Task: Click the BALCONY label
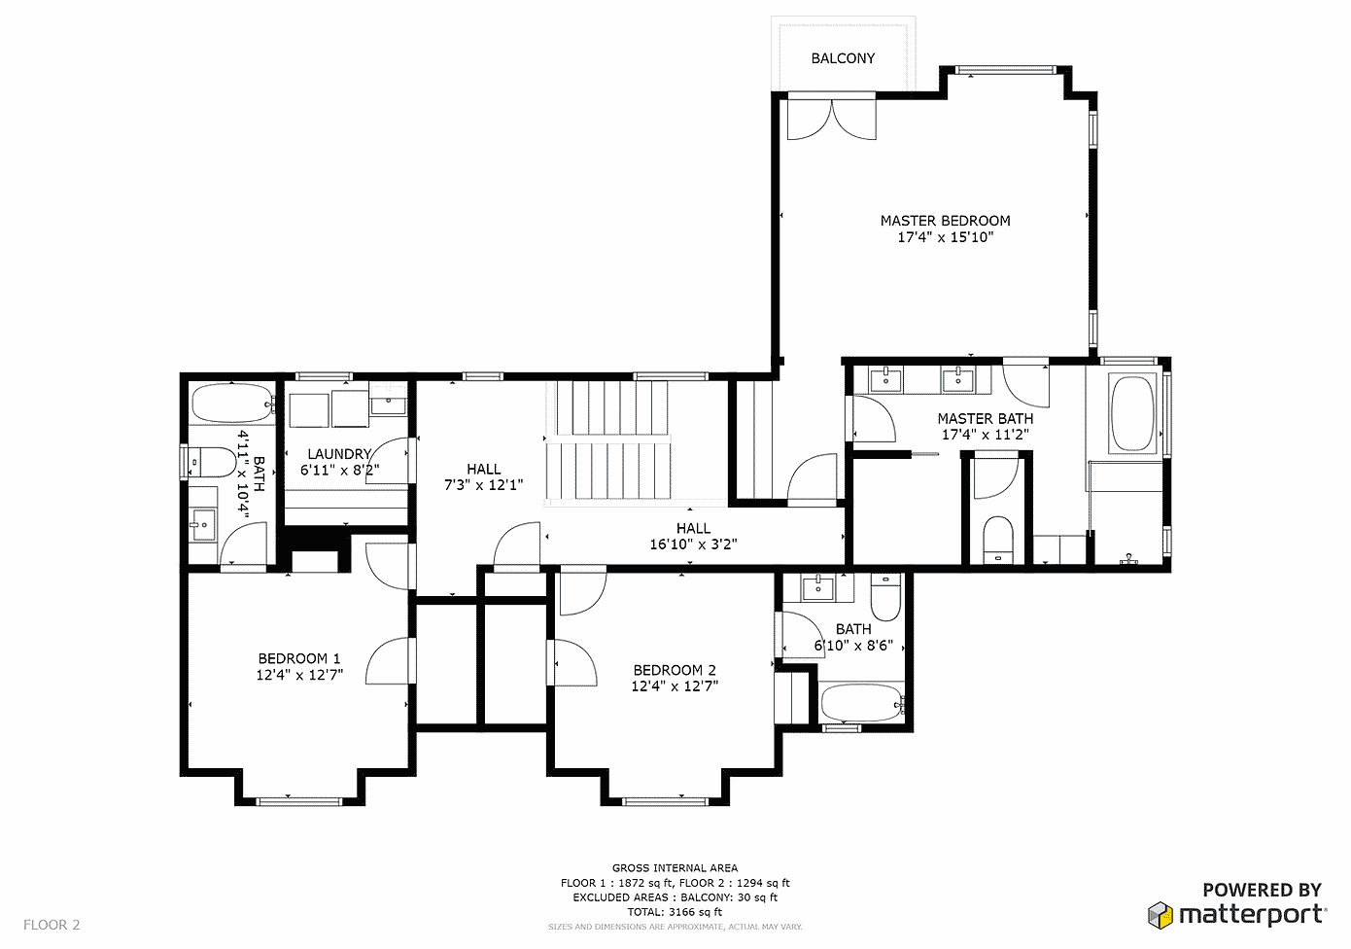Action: click(x=843, y=58)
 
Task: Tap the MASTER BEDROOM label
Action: click(x=945, y=221)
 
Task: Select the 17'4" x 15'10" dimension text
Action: click(x=945, y=237)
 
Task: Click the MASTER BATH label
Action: click(x=985, y=418)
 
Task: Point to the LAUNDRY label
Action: click(x=339, y=454)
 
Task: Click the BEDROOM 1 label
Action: click(x=299, y=658)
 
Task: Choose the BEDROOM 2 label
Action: click(x=675, y=670)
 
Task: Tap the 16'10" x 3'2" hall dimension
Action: click(x=693, y=545)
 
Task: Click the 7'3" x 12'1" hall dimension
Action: click(x=483, y=485)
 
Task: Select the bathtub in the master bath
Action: click(x=1132, y=413)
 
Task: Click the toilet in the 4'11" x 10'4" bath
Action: click(x=211, y=462)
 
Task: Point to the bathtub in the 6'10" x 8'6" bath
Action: click(x=862, y=703)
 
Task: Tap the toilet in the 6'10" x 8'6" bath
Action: click(x=885, y=597)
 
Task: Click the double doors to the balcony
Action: click(x=832, y=120)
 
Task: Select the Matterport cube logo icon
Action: click(x=1160, y=915)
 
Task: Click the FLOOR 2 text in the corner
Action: click(x=52, y=925)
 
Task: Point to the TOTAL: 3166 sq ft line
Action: click(x=675, y=912)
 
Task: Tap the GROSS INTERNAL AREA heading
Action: click(x=675, y=868)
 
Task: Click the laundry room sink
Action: click(x=388, y=400)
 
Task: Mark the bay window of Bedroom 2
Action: click(x=665, y=801)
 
